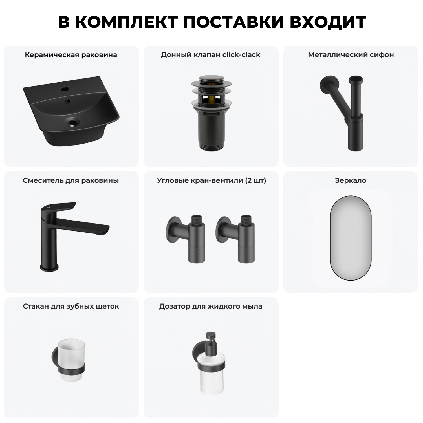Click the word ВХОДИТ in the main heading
328,22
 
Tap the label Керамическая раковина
71,55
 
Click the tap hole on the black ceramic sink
65,89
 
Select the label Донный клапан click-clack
210,55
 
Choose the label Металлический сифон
351,55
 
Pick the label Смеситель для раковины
71,180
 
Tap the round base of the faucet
49,267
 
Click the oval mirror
351,238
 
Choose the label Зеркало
351,180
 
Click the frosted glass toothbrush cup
71,358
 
